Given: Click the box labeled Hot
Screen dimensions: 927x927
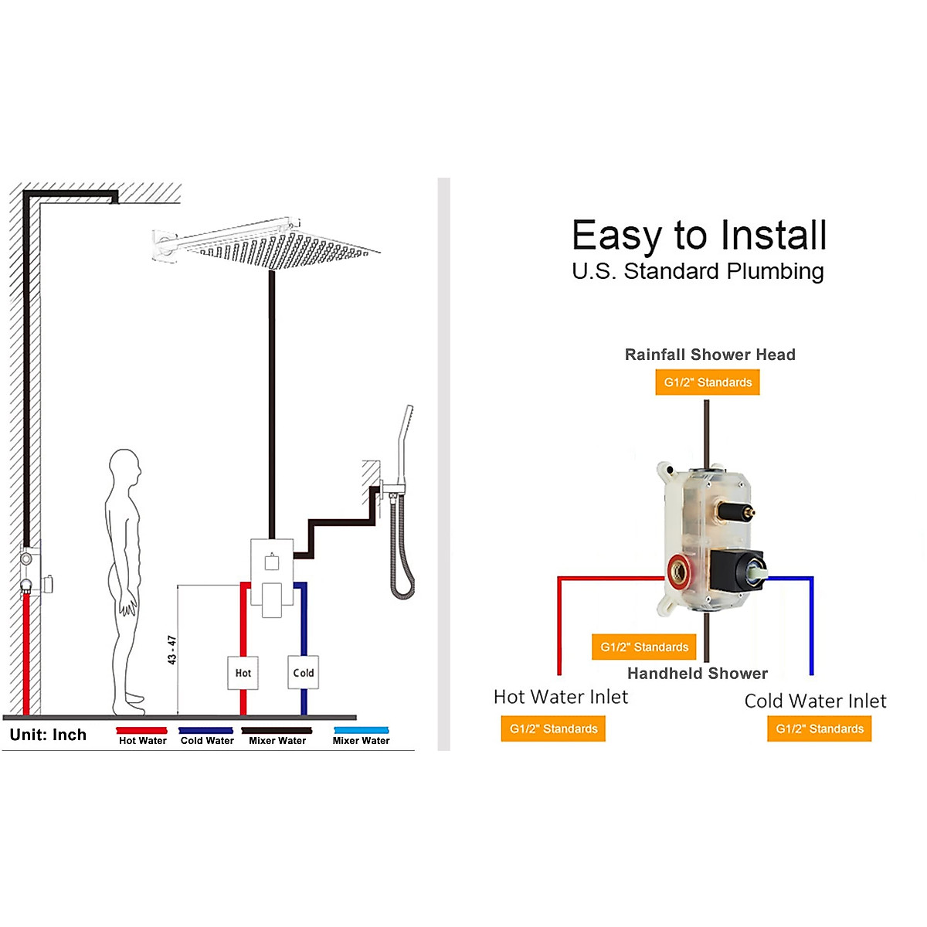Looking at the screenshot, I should [243, 673].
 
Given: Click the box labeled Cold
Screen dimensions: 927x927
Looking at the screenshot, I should [303, 673].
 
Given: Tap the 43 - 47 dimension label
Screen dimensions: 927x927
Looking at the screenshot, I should [171, 650].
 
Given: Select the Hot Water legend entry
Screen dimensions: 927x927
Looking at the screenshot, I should [142, 740].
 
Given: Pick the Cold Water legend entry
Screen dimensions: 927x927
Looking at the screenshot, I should [207, 740].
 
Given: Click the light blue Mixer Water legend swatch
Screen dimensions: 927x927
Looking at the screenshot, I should [362, 730].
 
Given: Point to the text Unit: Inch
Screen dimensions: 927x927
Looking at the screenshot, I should [48, 735].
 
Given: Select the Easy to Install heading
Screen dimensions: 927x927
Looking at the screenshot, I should [699, 236].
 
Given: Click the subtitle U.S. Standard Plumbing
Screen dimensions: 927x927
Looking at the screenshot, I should [698, 271].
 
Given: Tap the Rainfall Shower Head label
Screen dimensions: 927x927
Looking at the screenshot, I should [710, 355].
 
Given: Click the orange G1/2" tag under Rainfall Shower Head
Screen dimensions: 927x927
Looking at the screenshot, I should [708, 382].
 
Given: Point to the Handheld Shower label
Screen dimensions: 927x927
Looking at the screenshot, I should [698, 674].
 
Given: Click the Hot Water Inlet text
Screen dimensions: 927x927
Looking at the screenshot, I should [561, 697].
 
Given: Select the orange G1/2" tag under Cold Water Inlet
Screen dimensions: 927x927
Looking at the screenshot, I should [820, 728].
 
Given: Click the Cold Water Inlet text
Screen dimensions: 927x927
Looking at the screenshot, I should [815, 701].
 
